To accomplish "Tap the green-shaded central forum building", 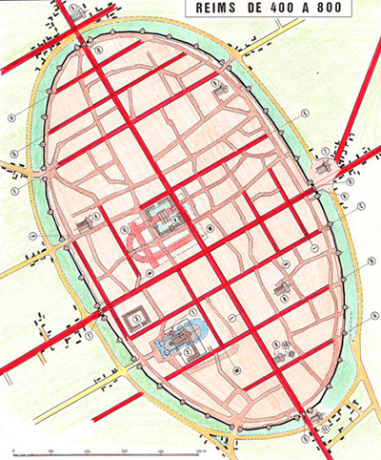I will click(163, 217).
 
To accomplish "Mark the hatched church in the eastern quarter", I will click(282, 285).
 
